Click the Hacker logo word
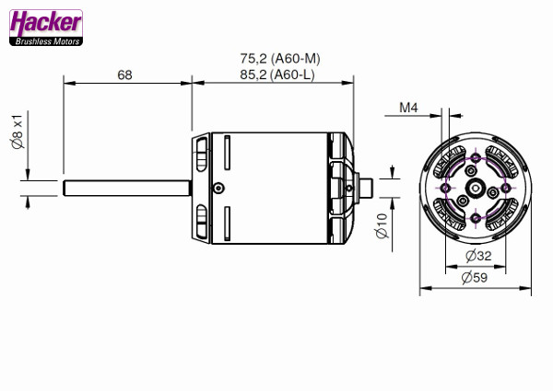(45, 23)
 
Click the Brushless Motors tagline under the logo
(45, 40)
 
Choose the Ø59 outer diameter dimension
(476, 276)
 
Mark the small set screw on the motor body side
(218, 188)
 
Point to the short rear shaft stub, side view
(365, 188)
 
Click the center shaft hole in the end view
(475, 188)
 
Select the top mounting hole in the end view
(475, 158)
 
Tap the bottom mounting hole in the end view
(475, 218)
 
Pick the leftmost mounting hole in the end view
(445, 188)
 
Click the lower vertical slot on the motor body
(225, 224)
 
